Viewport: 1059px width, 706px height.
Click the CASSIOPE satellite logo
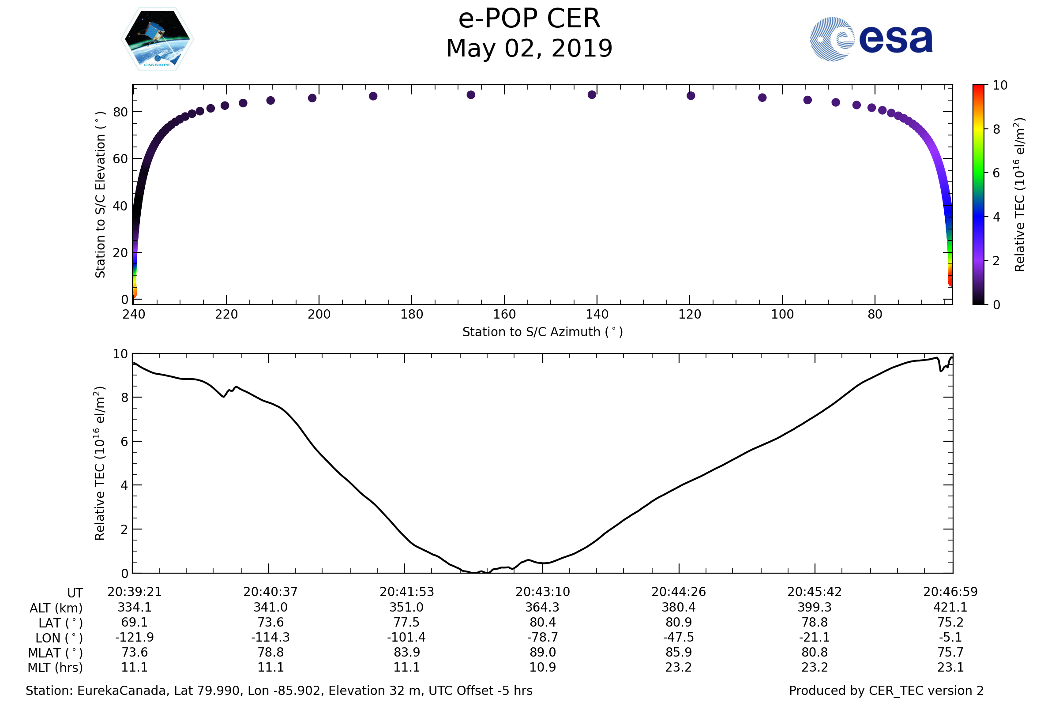(157, 39)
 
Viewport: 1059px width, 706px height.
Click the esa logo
(871, 39)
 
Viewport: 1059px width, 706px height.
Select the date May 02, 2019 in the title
(529, 49)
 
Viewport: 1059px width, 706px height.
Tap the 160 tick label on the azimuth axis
(504, 314)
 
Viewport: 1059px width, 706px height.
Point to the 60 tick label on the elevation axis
(120, 159)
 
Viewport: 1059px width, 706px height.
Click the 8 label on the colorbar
(997, 130)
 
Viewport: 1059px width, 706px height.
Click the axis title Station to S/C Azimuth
(543, 332)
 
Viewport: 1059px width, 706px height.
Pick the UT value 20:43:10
(543, 592)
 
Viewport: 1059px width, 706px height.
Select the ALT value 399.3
(815, 607)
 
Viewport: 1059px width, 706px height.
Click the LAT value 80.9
(679, 622)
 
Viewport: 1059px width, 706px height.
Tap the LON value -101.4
(406, 637)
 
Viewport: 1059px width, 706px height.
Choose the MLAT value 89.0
(543, 652)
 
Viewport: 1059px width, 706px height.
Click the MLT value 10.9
(543, 667)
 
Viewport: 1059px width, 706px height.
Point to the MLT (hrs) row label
(56, 667)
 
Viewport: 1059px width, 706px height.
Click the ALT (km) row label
(56, 608)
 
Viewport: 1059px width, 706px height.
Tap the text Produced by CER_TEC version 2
(886, 691)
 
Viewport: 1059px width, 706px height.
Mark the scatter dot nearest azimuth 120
(691, 96)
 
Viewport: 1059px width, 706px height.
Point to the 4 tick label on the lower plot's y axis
(124, 485)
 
